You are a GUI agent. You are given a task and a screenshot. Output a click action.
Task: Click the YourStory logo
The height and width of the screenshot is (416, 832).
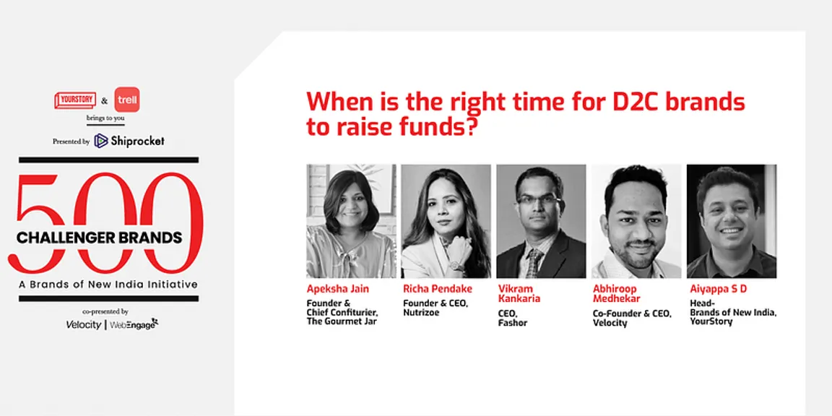75,100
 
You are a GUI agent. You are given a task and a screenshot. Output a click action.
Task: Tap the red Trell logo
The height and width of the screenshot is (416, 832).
127,100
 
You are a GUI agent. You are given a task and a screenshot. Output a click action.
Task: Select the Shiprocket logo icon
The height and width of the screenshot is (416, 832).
101,141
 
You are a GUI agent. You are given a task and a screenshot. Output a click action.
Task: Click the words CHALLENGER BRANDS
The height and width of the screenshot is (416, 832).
99,237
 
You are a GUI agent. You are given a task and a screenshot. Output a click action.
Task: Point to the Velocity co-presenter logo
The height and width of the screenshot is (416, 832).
83,325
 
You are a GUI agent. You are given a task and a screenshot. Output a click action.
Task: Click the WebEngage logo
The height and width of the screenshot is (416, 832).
134,324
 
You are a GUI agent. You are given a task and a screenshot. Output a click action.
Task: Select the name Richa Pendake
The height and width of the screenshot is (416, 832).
437,289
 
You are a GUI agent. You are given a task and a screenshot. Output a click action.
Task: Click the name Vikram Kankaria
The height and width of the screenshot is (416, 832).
519,293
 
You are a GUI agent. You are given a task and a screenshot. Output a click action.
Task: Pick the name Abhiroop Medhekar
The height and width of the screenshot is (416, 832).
616,293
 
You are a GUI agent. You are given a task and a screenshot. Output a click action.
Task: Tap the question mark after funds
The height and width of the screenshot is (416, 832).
467,129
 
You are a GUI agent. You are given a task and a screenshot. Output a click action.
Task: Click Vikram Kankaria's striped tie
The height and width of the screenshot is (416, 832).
534,263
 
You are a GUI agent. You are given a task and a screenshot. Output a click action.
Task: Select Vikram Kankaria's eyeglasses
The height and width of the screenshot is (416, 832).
539,201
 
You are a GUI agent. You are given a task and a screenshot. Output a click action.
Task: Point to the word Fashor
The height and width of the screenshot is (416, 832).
513,322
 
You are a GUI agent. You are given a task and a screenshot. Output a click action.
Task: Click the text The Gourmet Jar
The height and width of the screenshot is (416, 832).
342,321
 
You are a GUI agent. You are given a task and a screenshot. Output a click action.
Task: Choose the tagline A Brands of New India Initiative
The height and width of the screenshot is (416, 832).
108,285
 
